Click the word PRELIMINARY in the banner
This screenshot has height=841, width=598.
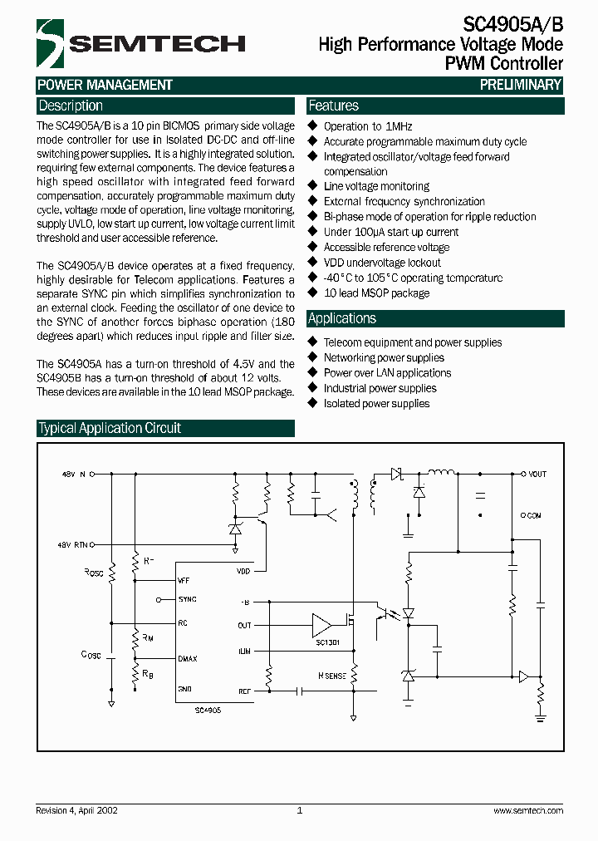(521, 85)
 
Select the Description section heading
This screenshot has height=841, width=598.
(71, 106)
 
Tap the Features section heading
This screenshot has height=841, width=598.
(334, 106)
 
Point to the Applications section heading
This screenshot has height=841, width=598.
(342, 318)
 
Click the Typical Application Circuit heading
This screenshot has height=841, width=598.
(110, 428)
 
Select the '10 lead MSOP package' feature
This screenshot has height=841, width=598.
(376, 293)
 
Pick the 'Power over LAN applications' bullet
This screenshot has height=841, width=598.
(387, 373)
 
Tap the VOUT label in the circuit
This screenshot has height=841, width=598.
(537, 474)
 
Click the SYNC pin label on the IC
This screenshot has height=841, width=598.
(187, 599)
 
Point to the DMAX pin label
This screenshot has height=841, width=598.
(188, 658)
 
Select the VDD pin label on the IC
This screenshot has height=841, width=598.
(243, 571)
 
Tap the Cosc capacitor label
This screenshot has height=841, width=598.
(91, 655)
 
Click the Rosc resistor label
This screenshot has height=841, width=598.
(94, 573)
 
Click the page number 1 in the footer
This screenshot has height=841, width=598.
(299, 810)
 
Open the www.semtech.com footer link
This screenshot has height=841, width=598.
(528, 810)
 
